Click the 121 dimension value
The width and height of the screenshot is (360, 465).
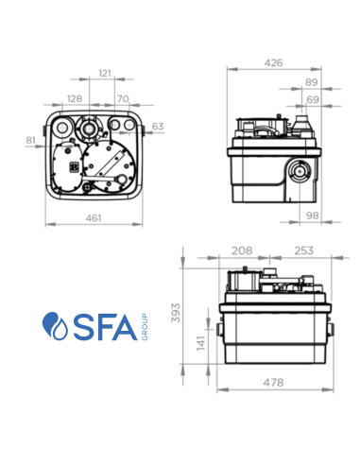[x=105, y=73]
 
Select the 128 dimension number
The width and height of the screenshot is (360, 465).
[x=75, y=98]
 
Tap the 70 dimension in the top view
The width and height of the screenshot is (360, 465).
[x=123, y=98]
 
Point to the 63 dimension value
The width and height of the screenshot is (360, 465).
[x=157, y=126]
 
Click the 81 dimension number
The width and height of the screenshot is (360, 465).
[x=31, y=141]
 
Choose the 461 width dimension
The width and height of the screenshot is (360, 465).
[x=92, y=218]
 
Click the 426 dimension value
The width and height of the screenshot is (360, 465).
[x=273, y=63]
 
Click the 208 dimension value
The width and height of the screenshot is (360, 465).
[x=242, y=251]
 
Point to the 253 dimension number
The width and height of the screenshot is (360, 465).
[x=303, y=251]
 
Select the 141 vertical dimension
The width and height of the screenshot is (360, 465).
[x=200, y=342]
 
